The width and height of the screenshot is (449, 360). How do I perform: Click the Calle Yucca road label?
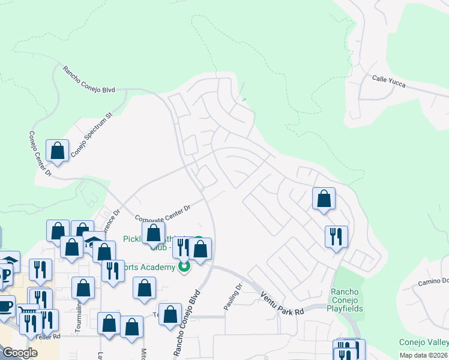[388, 82]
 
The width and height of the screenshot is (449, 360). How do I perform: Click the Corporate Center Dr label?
[162, 213]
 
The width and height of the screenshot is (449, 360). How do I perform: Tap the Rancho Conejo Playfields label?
[344, 300]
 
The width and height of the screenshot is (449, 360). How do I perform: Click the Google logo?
[20, 353]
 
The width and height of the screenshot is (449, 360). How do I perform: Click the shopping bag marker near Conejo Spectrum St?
[58, 151]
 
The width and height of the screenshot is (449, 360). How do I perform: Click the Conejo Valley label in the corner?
[424, 343]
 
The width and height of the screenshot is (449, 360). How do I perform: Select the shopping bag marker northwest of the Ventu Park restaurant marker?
[324, 199]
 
